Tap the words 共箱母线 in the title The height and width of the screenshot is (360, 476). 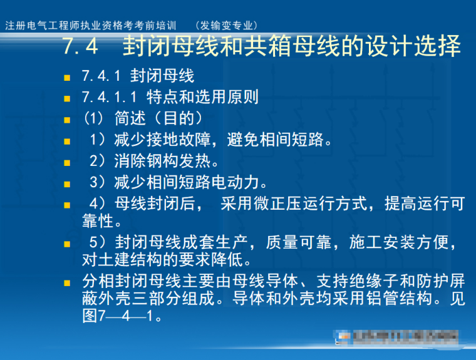pos(278,47)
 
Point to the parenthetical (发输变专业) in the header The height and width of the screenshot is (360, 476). pos(226,26)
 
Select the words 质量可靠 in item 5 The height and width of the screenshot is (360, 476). pos(297,242)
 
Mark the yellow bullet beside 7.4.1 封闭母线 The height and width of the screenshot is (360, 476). pos(66,78)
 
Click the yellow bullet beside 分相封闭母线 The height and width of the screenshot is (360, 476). pos(66,282)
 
